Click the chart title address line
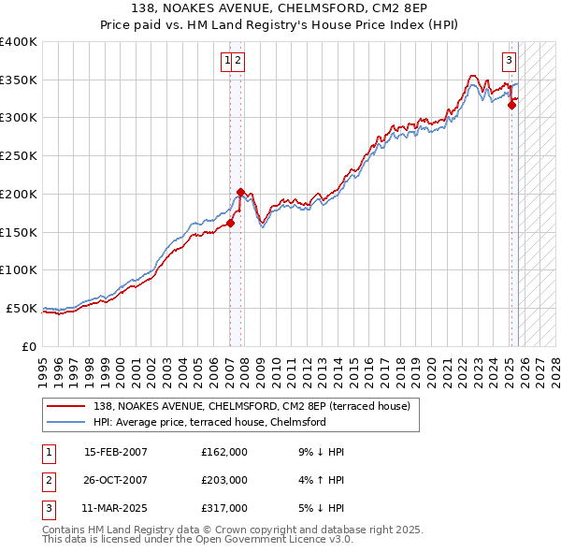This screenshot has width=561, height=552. tap(280, 8)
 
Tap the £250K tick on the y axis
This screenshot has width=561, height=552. tap(19, 156)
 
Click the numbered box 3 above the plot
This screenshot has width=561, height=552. tap(509, 62)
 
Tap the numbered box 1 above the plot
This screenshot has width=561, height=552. tap(227, 62)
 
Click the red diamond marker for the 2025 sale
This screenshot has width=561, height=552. tap(511, 106)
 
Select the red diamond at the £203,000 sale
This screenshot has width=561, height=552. tap(241, 192)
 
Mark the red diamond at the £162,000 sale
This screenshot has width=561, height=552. tap(230, 223)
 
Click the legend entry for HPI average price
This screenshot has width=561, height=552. tap(209, 422)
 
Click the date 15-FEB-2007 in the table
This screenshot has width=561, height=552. tap(116, 452)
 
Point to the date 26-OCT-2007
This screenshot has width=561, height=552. tap(116, 480)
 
